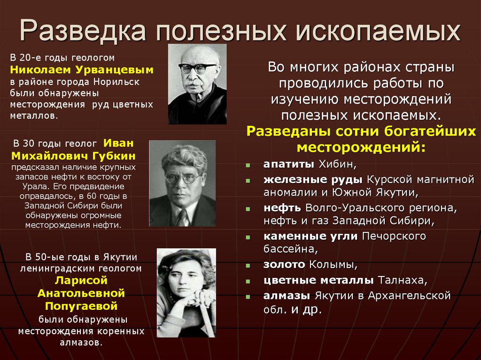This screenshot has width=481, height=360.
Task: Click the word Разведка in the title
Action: (x=83, y=31)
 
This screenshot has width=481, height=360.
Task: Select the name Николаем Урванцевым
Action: (x=82, y=70)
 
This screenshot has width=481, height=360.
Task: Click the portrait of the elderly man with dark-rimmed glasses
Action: (x=197, y=84)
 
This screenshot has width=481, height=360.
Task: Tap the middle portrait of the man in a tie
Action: (x=182, y=183)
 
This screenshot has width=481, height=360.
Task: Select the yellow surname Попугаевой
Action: (x=81, y=306)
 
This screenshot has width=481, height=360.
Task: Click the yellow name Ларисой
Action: (x=81, y=281)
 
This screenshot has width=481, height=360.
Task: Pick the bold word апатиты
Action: (x=288, y=165)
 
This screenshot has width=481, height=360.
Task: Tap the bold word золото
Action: (x=284, y=264)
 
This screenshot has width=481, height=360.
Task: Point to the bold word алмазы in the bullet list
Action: (x=287, y=296)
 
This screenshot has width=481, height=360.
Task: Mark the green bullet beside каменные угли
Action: (x=247, y=236)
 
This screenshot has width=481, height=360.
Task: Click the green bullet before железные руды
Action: (x=247, y=180)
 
